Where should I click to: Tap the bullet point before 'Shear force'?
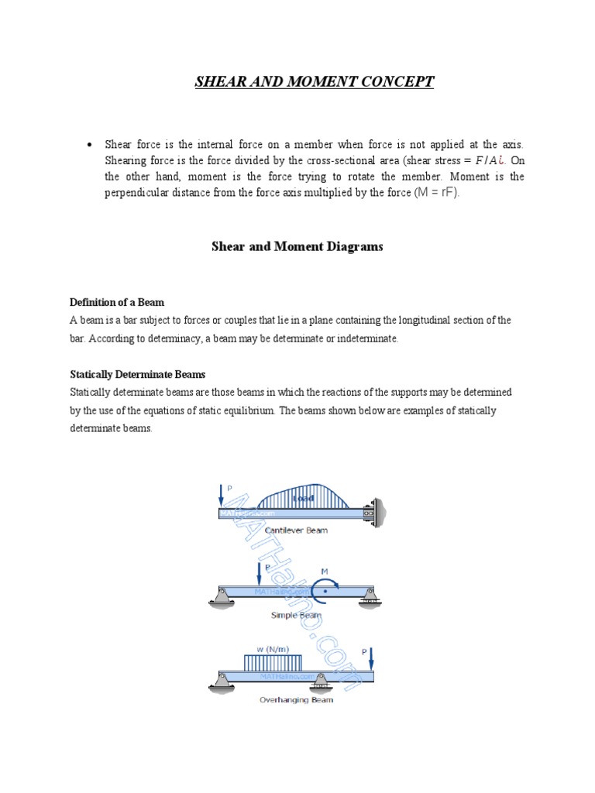click(90, 146)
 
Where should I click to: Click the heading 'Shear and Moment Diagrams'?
click(297, 247)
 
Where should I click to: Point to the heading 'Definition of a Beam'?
click(117, 302)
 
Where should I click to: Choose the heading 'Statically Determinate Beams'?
click(137, 374)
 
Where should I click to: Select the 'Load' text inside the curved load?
click(303, 499)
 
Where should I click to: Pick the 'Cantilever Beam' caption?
click(296, 530)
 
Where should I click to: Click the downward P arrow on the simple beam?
click(260, 575)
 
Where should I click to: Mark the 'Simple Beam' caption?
click(295, 615)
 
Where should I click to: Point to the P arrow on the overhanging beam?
click(370, 659)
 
